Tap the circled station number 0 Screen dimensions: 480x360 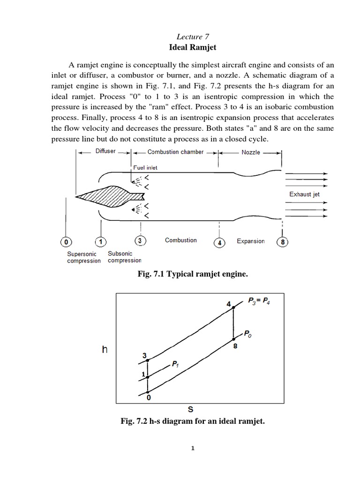click(66, 242)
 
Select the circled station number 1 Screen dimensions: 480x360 click(100, 242)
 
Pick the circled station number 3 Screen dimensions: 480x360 click(140, 241)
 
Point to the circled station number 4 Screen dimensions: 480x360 click(219, 242)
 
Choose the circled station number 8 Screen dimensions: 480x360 click(282, 242)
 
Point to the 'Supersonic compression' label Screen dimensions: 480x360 click(84, 257)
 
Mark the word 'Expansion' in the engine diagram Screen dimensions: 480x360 click(250, 241)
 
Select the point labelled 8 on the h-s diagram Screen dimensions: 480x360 click(233, 338)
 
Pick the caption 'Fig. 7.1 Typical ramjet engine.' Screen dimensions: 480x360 click(190, 274)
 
